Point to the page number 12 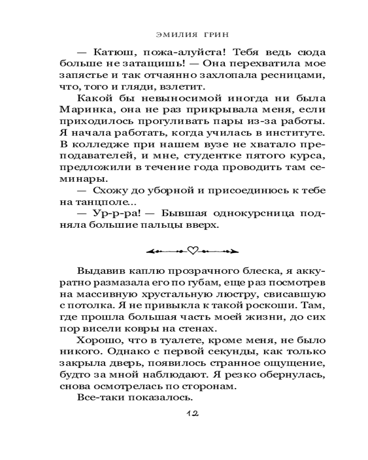[192, 414]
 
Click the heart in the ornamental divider [193, 251]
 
